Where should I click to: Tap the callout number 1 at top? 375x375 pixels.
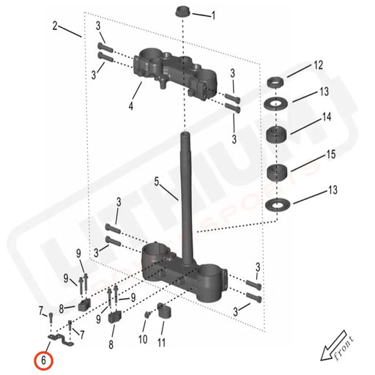click(213, 15)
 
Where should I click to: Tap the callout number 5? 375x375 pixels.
click(156, 180)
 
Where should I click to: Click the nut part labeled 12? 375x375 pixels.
click(277, 81)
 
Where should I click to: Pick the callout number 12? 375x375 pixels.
click(317, 65)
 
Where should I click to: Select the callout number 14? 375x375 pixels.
click(327, 117)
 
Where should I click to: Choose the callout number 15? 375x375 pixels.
click(331, 155)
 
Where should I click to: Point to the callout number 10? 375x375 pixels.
click(142, 340)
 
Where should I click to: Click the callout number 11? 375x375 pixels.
click(161, 341)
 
